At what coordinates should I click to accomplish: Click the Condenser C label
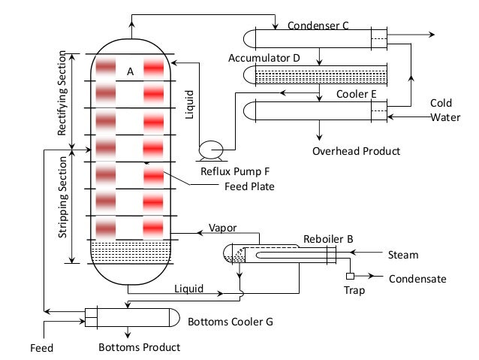pyautogui.click(x=318, y=26)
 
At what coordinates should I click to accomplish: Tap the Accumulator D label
pyautogui.click(x=266, y=58)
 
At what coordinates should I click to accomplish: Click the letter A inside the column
pyautogui.click(x=130, y=71)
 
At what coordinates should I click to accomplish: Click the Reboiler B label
pyautogui.click(x=328, y=240)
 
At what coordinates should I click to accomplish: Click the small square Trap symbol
pyautogui.click(x=350, y=264)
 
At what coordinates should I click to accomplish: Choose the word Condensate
pyautogui.click(x=417, y=279)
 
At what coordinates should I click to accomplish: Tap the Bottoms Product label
pyautogui.click(x=140, y=347)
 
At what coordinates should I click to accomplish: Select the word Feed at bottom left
pyautogui.click(x=41, y=348)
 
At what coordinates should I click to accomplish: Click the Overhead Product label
pyautogui.click(x=356, y=151)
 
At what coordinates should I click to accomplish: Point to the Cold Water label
pyautogui.click(x=441, y=110)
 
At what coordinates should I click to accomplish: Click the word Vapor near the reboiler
pyautogui.click(x=222, y=227)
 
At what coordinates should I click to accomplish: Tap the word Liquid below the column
pyautogui.click(x=188, y=287)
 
